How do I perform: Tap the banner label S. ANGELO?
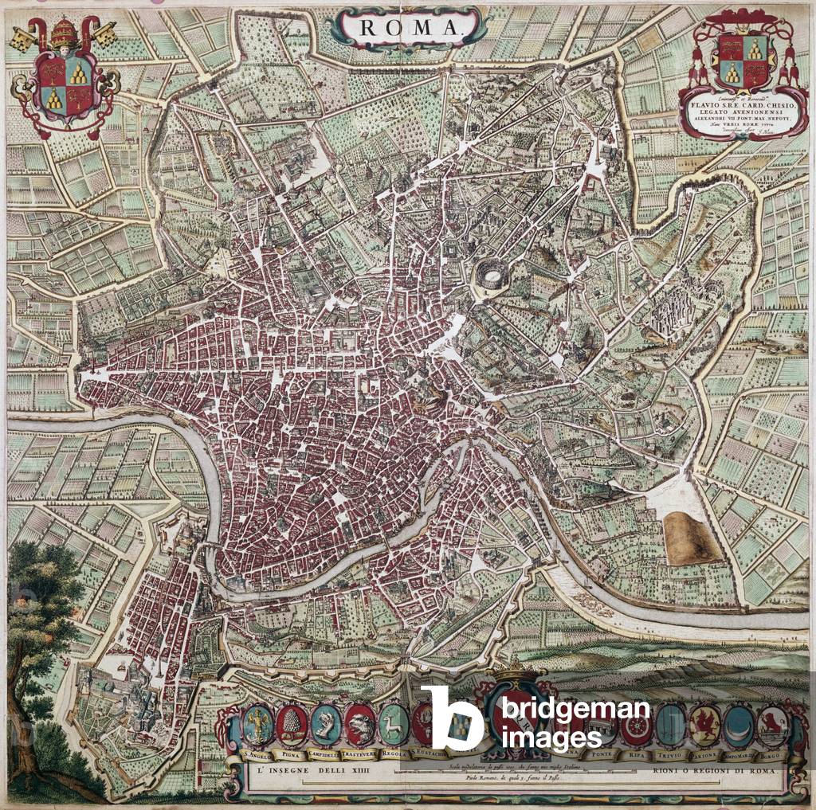[x=257, y=753]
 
